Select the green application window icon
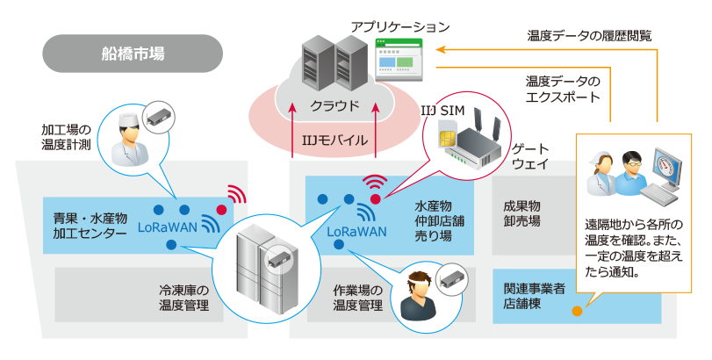(398, 60)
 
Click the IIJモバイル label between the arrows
(334, 140)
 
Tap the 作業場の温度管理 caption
(357, 297)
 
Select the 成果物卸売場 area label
(521, 213)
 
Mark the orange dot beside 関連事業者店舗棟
(577, 311)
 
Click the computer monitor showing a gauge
(666, 169)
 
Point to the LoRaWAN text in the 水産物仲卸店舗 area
(357, 232)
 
